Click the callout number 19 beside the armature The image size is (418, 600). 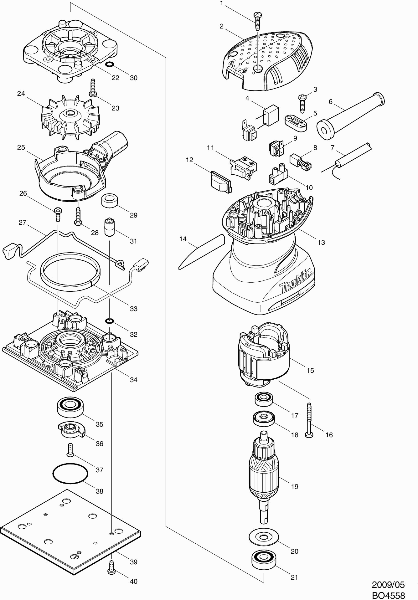[295, 486]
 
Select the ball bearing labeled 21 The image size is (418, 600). [263, 559]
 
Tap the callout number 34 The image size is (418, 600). [134, 380]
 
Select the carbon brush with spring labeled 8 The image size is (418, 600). [300, 162]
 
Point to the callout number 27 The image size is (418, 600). [23, 223]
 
